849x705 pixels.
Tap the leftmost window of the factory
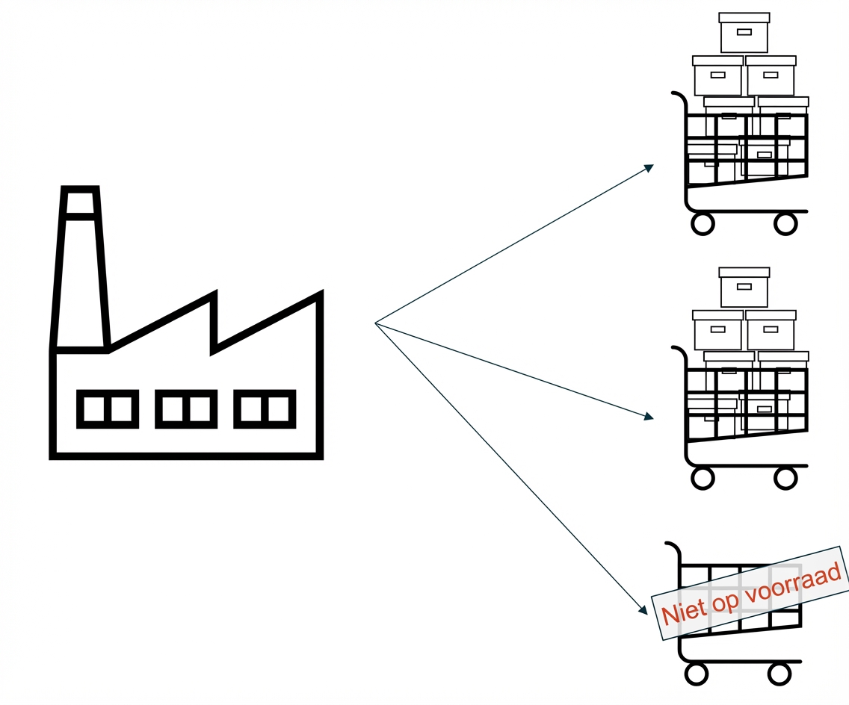point(108,409)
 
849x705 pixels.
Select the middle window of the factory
point(186,409)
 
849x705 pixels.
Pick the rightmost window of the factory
point(265,409)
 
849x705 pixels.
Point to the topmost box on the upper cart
point(744,33)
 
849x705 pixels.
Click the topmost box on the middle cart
point(744,288)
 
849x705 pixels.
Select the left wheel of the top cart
point(703,223)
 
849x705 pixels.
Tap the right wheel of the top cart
point(785,223)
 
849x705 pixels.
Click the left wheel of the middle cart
point(703,478)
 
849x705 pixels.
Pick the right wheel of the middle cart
point(785,478)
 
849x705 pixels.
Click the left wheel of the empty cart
point(696,674)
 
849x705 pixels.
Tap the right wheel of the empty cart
point(779,674)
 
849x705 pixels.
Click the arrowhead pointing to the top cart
point(649,167)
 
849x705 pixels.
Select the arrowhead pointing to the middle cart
point(649,417)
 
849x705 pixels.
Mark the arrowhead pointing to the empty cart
point(643,609)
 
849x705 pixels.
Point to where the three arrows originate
point(375,323)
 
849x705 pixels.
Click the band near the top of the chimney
point(80,217)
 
